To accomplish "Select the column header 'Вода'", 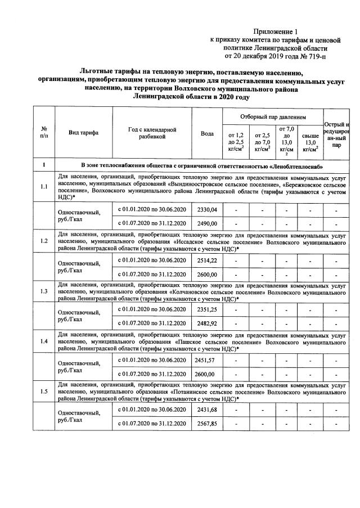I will (x=206, y=133).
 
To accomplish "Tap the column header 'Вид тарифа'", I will (x=83, y=133).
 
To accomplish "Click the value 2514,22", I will (x=206, y=260).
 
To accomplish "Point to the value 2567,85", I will (x=206, y=424).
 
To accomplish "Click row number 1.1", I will (x=44, y=188).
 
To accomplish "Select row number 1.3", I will (x=44, y=292).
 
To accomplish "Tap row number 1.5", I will (x=44, y=392).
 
